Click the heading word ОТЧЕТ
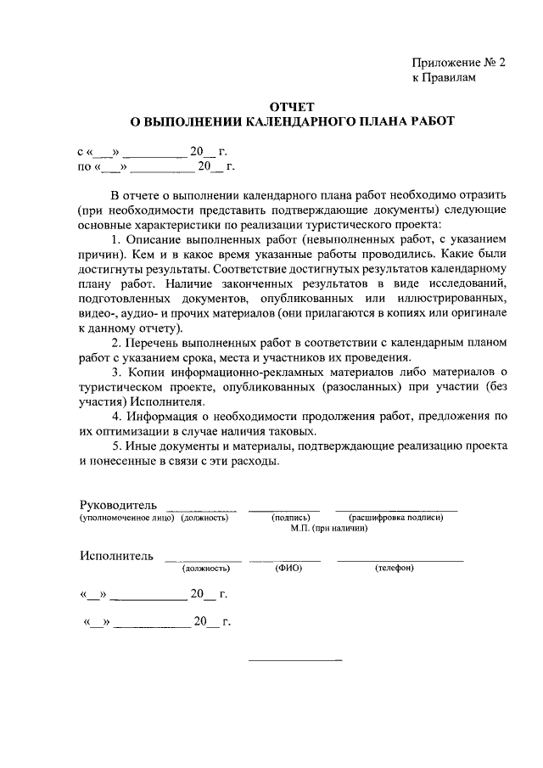pyautogui.click(x=292, y=107)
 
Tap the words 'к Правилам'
pyautogui.click(x=445, y=78)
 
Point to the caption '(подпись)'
pyautogui.click(x=290, y=517)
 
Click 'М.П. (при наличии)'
pyautogui.click(x=328, y=527)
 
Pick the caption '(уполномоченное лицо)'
pyautogui.click(x=127, y=517)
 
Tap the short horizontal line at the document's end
pyautogui.click(x=294, y=660)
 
